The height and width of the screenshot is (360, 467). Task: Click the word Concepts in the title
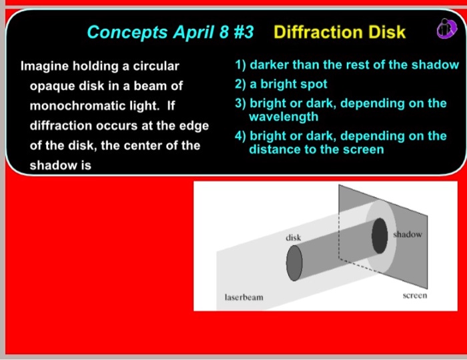127,32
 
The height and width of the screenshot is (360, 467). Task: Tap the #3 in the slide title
244,32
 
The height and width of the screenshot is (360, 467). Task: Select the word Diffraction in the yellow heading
318,32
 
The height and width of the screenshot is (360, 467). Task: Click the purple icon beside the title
446,28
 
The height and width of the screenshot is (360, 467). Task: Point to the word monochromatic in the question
95,106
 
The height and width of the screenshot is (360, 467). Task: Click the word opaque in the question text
52,87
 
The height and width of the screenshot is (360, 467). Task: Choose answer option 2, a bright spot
281,84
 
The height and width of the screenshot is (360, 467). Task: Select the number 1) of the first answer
240,65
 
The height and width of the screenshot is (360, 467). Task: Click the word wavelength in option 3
284,117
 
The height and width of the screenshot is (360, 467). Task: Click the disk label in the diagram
293,238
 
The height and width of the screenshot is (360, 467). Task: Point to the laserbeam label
244,297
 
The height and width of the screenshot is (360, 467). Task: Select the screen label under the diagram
415,295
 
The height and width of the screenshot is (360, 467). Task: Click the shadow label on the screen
408,235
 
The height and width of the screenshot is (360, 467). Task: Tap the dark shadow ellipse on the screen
380,235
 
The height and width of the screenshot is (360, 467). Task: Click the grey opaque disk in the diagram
294,263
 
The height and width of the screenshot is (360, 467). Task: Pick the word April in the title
193,32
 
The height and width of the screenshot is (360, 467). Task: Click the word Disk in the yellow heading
386,32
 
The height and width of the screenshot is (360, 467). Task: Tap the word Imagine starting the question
45,67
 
